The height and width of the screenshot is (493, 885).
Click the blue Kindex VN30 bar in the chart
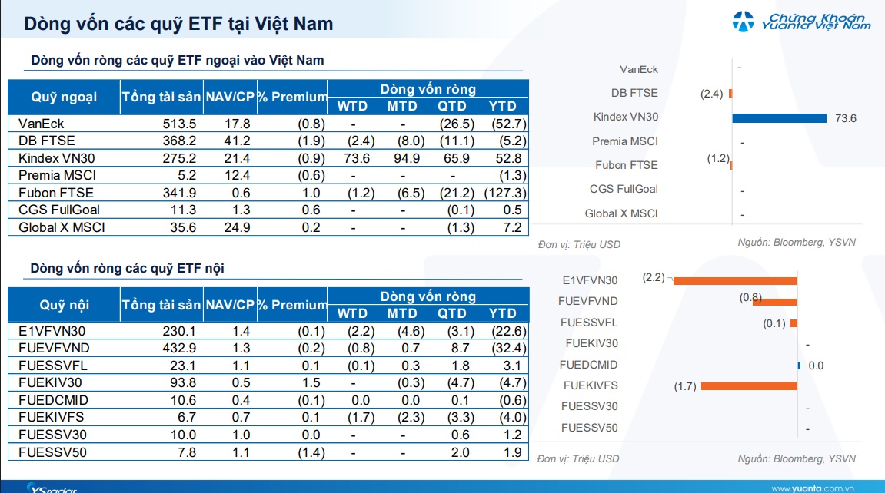point(779,117)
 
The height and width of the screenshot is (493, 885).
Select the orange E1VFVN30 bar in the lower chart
point(735,280)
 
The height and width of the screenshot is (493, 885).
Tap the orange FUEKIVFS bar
point(749,386)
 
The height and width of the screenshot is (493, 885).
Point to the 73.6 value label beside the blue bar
point(846,118)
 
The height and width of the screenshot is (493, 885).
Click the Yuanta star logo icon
point(743,22)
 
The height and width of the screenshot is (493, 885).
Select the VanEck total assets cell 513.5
point(179,124)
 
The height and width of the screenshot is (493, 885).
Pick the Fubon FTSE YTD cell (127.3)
point(505,193)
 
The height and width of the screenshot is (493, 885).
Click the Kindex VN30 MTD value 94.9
point(407,158)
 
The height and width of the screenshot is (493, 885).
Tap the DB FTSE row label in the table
point(46,141)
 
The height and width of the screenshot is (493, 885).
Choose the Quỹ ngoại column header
point(64,97)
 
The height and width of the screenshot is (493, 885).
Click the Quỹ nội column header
point(64,305)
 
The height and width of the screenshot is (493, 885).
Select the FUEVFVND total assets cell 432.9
point(179,348)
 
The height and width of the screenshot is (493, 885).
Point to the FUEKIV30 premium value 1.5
point(311,382)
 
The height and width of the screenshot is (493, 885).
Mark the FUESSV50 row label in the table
point(52,452)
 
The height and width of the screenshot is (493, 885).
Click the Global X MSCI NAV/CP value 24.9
point(237,227)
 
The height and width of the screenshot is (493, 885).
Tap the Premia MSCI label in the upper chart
point(625,141)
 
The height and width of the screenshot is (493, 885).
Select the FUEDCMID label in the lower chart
point(589,365)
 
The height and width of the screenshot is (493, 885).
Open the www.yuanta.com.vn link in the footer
point(813,488)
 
